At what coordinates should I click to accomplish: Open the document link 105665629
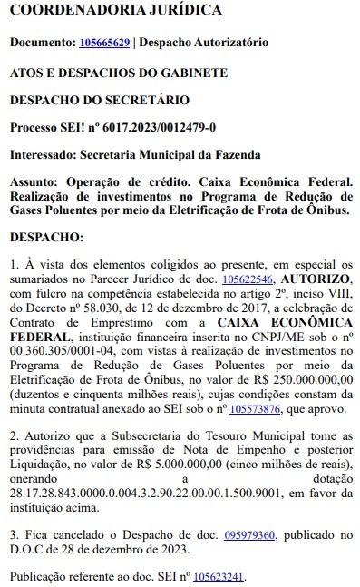click(x=104, y=42)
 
